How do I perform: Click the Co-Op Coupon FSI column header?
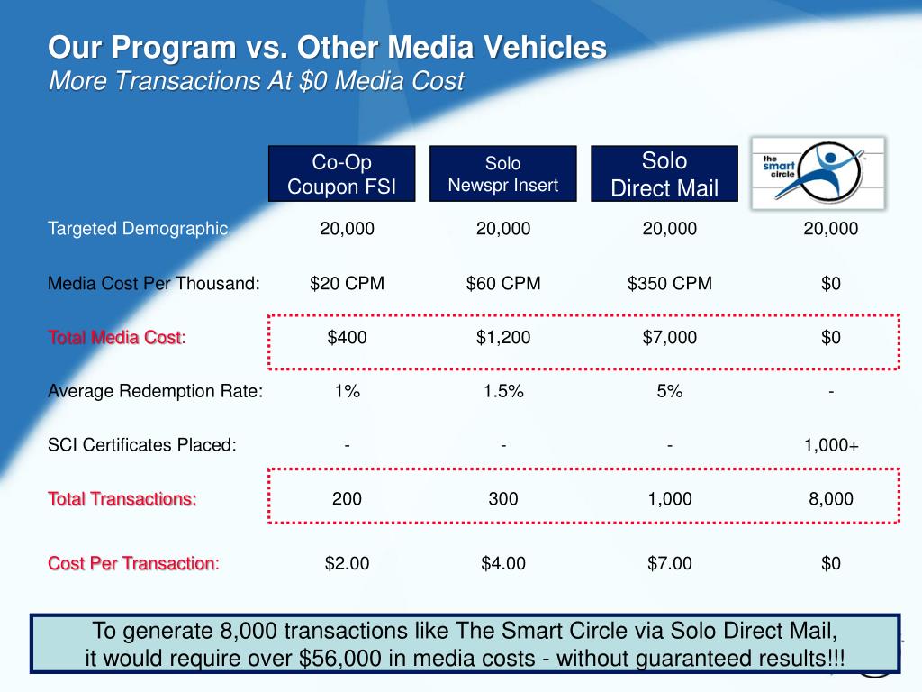point(341,174)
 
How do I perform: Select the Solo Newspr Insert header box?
point(502,174)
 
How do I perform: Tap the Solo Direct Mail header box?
point(664,174)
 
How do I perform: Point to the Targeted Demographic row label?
point(138,229)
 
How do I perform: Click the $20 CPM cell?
point(347,284)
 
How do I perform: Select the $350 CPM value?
point(669,284)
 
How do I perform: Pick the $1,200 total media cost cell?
point(503,338)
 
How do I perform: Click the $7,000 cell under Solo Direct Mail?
point(669,338)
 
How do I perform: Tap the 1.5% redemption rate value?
point(503,391)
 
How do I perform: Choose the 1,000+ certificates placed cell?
point(830,445)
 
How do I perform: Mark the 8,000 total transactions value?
point(830,499)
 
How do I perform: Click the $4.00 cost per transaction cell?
point(503,564)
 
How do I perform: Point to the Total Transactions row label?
point(122,499)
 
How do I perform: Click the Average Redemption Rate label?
point(155,391)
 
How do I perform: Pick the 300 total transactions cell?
point(503,499)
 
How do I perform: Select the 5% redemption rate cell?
point(669,391)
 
